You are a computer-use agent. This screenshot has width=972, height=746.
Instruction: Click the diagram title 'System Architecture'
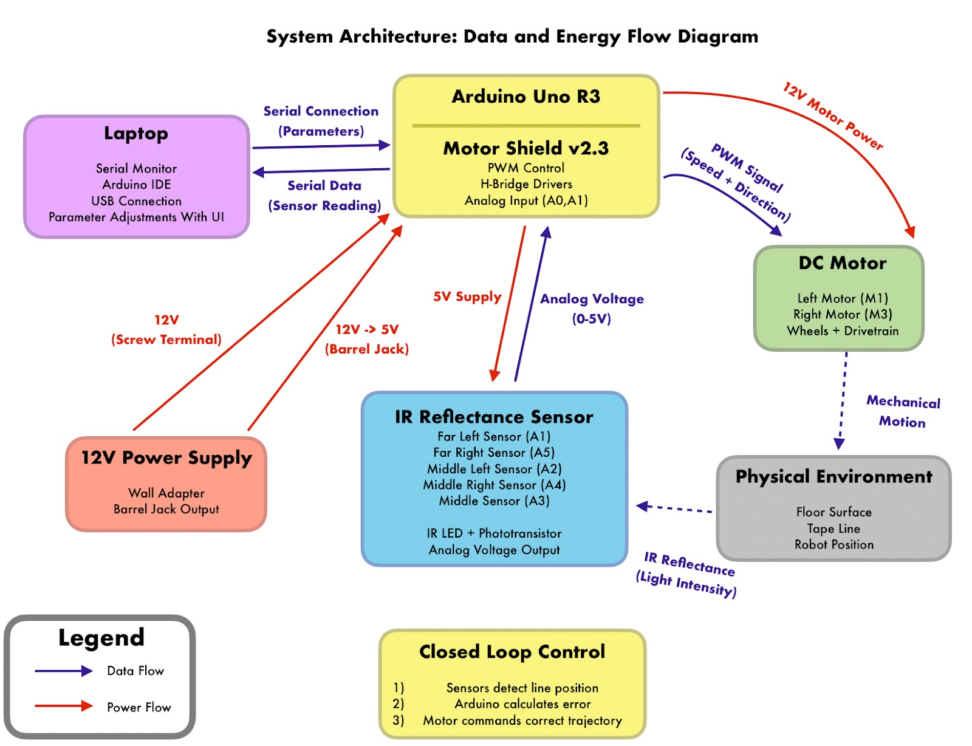(x=512, y=36)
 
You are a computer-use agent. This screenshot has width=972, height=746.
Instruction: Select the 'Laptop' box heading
(x=136, y=134)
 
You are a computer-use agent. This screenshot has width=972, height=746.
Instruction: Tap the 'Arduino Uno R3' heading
(x=525, y=97)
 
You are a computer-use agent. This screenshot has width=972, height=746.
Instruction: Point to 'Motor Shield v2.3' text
(x=525, y=148)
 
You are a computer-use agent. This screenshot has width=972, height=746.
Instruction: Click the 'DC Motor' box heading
(x=842, y=263)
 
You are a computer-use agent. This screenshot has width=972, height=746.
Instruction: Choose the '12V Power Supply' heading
(x=166, y=458)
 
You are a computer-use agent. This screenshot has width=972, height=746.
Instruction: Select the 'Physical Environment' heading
(x=833, y=477)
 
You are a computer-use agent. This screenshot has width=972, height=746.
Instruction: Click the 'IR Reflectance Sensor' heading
(x=494, y=417)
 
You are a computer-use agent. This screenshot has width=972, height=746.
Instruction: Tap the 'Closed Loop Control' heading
(x=512, y=652)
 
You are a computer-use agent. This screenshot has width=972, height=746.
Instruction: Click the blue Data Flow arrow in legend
(x=64, y=671)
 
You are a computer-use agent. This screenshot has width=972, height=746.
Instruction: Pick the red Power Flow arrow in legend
(x=64, y=706)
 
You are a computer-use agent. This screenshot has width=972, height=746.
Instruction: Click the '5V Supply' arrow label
(x=467, y=297)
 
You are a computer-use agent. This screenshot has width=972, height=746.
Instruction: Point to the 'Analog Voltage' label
(x=592, y=299)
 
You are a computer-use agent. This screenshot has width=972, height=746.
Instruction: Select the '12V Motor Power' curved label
(x=833, y=116)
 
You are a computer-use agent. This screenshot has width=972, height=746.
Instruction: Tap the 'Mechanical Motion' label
(x=903, y=411)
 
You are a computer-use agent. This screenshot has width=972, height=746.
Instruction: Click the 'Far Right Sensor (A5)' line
(x=494, y=453)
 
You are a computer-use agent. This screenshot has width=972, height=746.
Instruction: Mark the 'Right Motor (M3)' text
(x=842, y=315)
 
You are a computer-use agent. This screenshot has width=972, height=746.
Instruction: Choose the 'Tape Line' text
(x=833, y=529)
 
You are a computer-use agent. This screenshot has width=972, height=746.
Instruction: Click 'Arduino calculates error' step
(x=522, y=704)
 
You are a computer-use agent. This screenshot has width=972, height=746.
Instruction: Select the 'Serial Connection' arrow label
(x=321, y=112)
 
